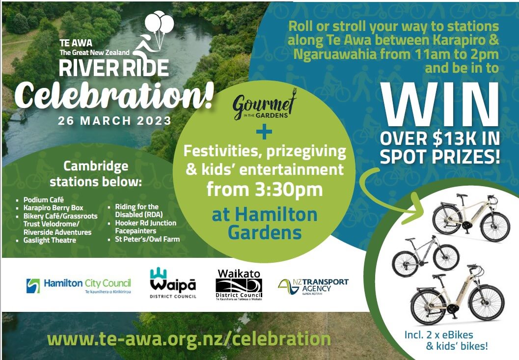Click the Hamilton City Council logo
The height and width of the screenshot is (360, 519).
pyautogui.click(x=79, y=285)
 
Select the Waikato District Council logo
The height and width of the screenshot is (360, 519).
pyautogui.click(x=239, y=285)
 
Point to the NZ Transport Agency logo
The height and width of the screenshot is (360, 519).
pyautogui.click(x=313, y=286)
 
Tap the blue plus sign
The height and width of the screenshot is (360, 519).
pyautogui.click(x=264, y=132)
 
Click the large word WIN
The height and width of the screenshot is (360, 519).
pyautogui.click(x=440, y=105)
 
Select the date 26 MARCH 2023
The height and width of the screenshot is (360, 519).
pyautogui.click(x=114, y=120)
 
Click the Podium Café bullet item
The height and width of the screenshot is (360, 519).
pyautogui.click(x=43, y=200)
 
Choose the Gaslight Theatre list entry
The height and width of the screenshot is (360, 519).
pyautogui.click(x=49, y=240)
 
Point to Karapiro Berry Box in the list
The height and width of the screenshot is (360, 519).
pyautogui.click(x=53, y=208)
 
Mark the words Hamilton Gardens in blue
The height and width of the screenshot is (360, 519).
pyautogui.click(x=265, y=223)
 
